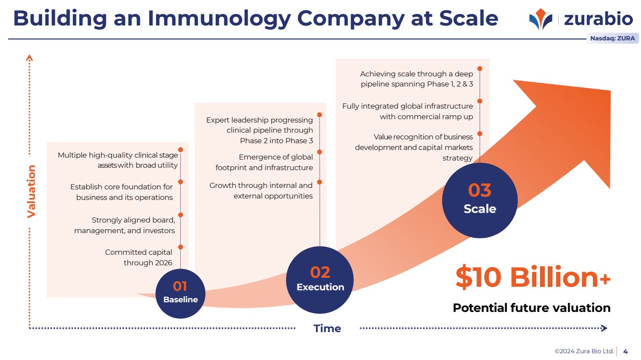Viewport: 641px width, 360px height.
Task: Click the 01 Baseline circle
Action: pyautogui.click(x=180, y=294)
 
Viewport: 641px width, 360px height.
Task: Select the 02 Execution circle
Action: pyautogui.click(x=320, y=280)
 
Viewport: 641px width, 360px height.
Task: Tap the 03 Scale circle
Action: pyautogui.click(x=479, y=200)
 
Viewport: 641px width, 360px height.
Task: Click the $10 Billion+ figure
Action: pyautogui.click(x=533, y=277)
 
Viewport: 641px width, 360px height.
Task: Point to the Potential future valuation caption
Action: pyautogui.click(x=531, y=308)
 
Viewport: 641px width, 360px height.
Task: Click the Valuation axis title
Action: pyautogui.click(x=31, y=192)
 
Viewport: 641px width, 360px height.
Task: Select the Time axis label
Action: pyautogui.click(x=327, y=329)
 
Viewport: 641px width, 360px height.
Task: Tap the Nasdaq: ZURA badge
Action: pyautogui.click(x=612, y=38)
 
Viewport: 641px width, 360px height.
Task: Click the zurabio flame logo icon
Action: pyautogui.click(x=540, y=19)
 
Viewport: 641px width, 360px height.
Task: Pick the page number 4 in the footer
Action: pyautogui.click(x=625, y=351)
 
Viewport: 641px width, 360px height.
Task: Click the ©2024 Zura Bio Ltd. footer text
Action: pyautogui.click(x=584, y=351)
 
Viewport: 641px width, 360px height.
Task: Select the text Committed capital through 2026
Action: pyautogui.click(x=139, y=257)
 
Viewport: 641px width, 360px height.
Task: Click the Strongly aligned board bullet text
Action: pyautogui.click(x=125, y=225)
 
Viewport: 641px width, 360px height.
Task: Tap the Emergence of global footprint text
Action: pyautogui.click(x=264, y=162)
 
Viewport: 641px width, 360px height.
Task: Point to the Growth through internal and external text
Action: pyautogui.click(x=261, y=191)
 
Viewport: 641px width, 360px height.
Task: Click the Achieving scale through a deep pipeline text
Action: pyautogui.click(x=416, y=79)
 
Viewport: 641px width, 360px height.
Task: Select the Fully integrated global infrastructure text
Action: pyautogui.click(x=407, y=111)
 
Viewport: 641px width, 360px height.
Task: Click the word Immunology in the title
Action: pyautogui.click(x=219, y=19)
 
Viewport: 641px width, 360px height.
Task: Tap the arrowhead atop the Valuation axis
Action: pyautogui.click(x=29, y=58)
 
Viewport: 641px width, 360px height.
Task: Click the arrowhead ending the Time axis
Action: pyautogui.click(x=604, y=328)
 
